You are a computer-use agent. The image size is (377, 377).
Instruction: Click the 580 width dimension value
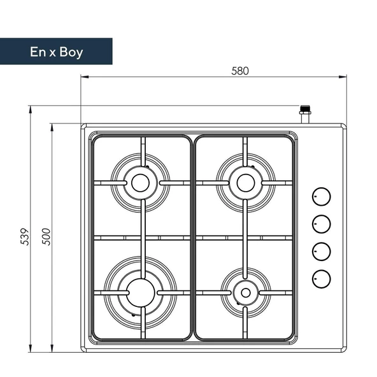tap(239, 71)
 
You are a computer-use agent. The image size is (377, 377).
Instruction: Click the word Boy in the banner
tap(69, 52)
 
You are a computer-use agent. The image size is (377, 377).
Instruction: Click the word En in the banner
tap(38, 52)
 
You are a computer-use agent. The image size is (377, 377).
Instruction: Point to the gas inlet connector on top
tap(306, 115)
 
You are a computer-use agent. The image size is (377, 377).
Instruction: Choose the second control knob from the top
tap(322, 224)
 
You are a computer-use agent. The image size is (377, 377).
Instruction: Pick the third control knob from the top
tap(322, 251)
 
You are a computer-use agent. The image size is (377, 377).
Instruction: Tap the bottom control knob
tap(322, 278)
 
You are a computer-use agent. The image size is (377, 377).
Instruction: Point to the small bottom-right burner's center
tap(244, 292)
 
